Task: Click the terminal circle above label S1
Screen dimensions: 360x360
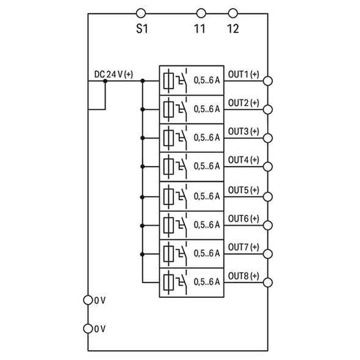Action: coord(141,12)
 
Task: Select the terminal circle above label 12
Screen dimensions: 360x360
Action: coord(232,12)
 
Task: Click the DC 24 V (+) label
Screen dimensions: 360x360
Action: coord(114,74)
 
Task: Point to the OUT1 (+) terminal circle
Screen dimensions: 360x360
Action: coord(267,81)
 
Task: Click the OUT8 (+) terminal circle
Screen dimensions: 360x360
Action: coord(267,282)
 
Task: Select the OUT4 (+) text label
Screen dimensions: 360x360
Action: coord(243,159)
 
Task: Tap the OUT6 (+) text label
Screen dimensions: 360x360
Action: coord(243,217)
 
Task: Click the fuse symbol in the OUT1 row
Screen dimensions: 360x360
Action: coord(169,81)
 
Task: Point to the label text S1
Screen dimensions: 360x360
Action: coord(142,29)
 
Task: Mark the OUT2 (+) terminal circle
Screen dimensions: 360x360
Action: coord(267,109)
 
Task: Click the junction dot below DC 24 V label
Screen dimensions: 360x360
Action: coord(105,81)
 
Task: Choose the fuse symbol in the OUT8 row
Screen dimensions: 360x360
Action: coord(169,282)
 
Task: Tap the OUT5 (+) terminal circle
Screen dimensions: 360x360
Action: coord(267,196)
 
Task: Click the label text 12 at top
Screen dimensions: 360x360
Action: coord(232,29)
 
